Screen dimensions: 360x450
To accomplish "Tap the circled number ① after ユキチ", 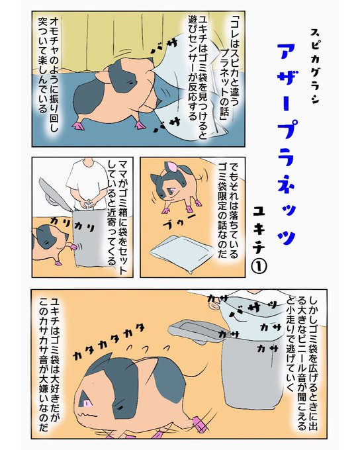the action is (x=259, y=266).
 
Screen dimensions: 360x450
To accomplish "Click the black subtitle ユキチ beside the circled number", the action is (x=259, y=230).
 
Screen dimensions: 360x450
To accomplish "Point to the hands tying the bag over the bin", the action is (x=89, y=203).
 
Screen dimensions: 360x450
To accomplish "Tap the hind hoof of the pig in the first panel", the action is (x=77, y=126).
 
